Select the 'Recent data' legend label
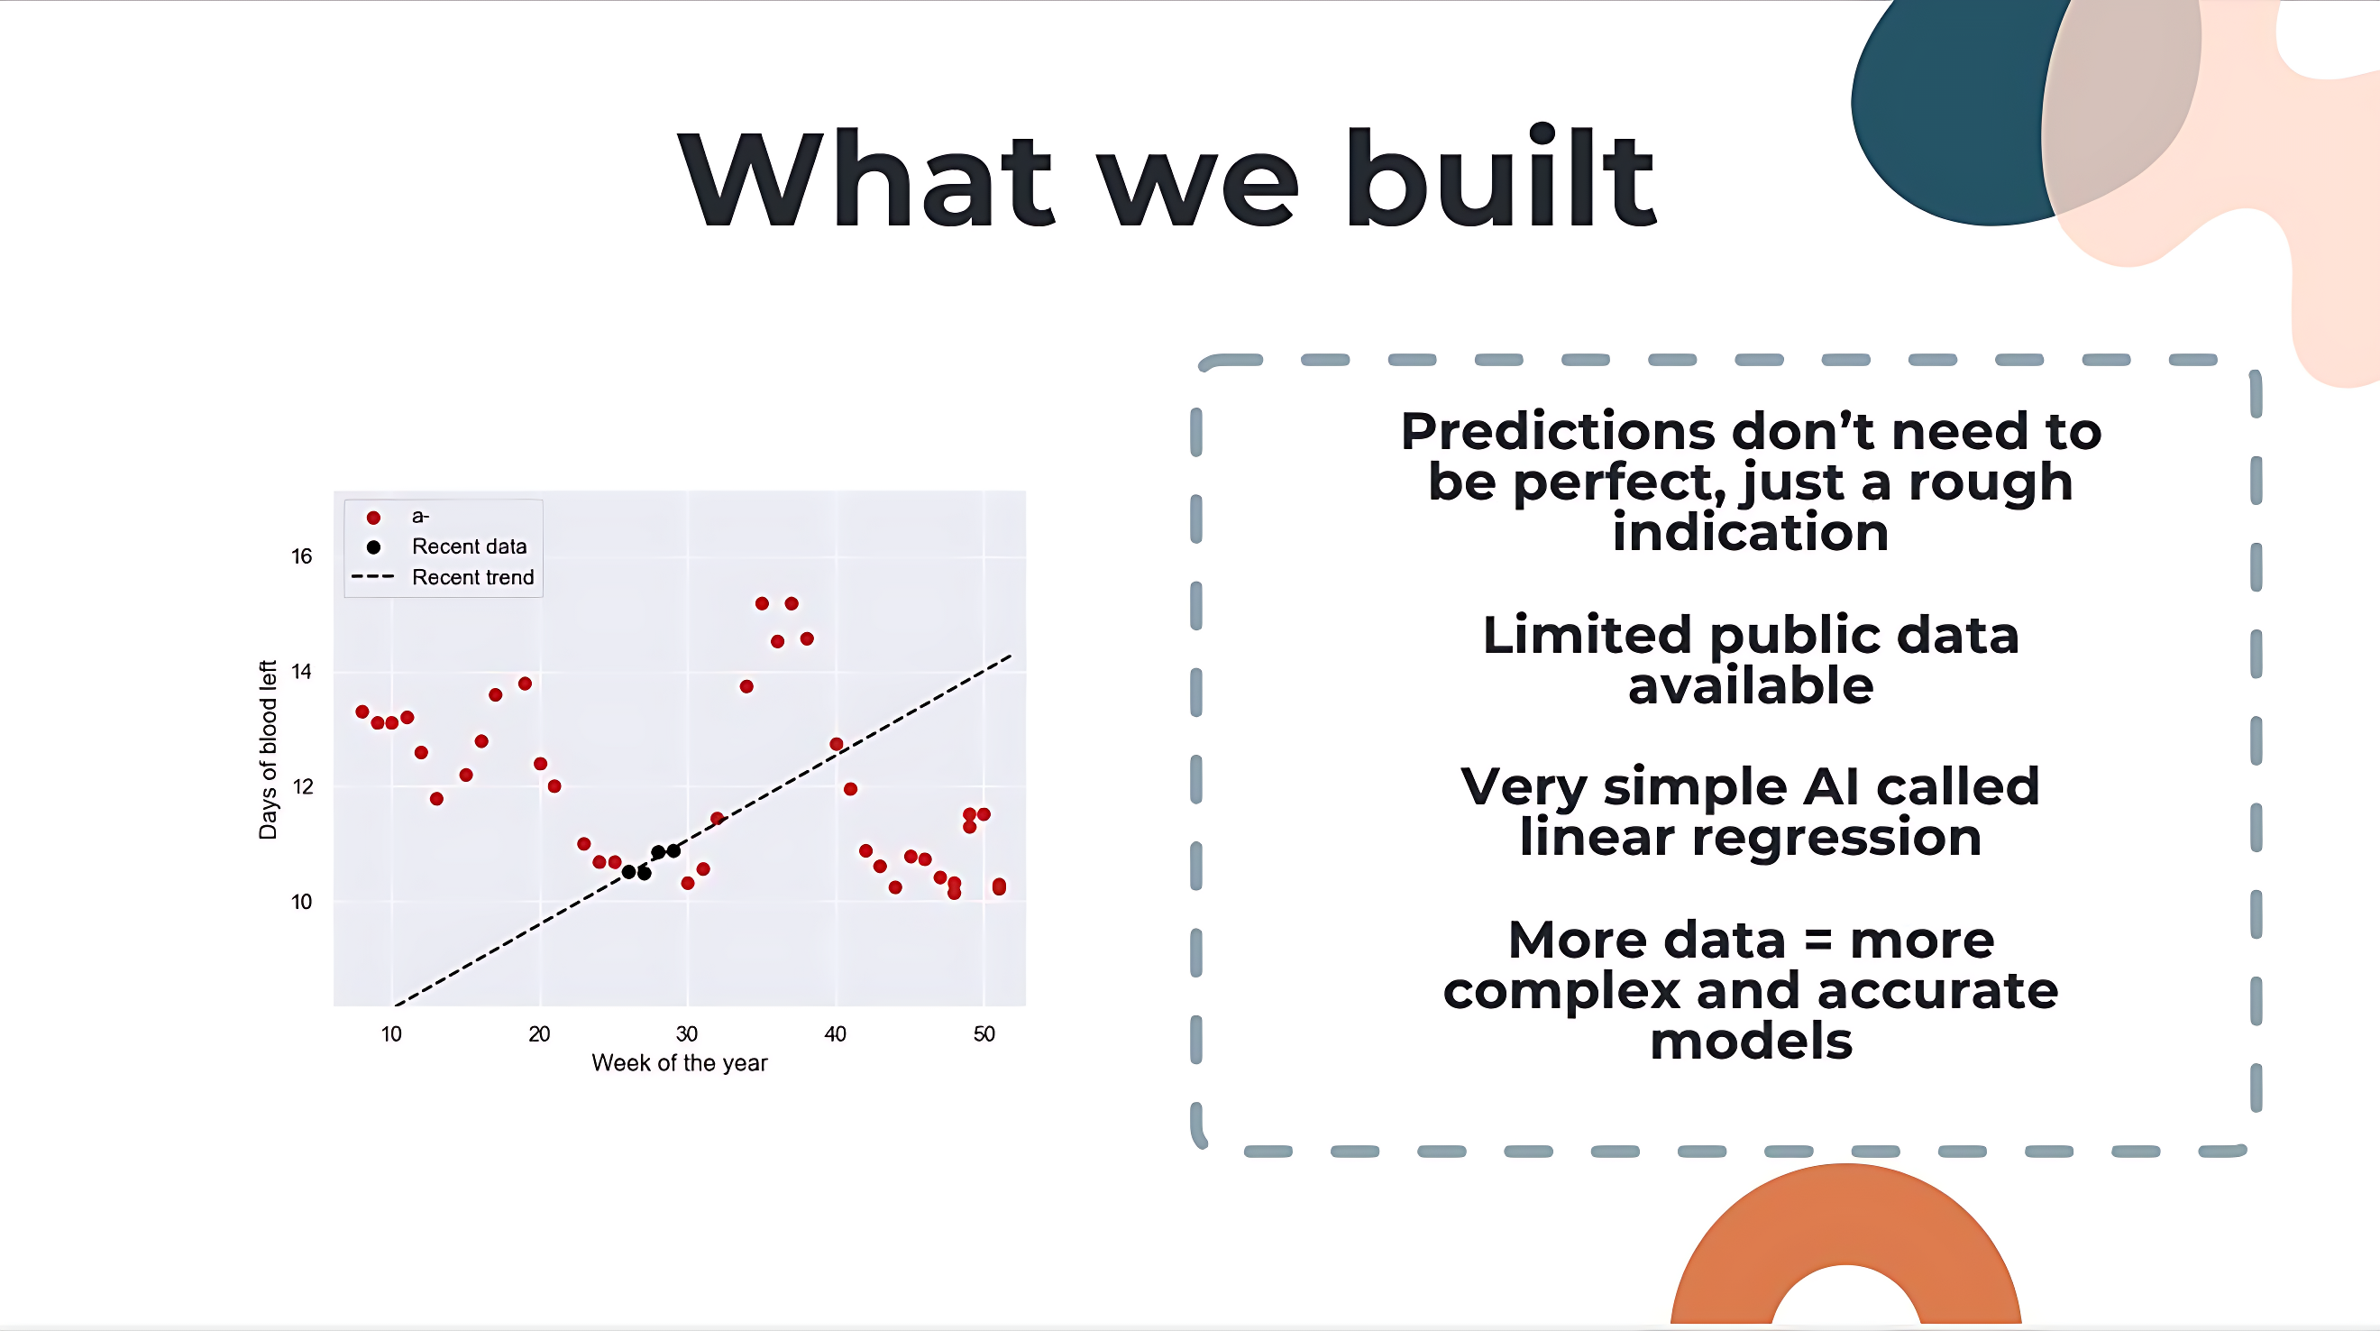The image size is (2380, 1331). [470, 546]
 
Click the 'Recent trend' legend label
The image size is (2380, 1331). [473, 577]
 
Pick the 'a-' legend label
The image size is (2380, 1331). [420, 516]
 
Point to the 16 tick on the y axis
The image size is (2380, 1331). [301, 556]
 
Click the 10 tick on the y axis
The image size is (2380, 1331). [301, 902]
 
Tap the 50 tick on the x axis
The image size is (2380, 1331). [984, 1033]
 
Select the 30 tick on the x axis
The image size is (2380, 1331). [686, 1033]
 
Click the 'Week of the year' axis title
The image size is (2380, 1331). [679, 1063]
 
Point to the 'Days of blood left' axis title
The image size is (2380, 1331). [268, 749]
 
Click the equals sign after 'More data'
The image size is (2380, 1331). [1818, 941]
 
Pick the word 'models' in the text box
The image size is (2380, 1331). [1751, 1041]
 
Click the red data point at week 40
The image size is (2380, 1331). [836, 744]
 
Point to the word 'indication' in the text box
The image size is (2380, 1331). [1751, 532]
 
